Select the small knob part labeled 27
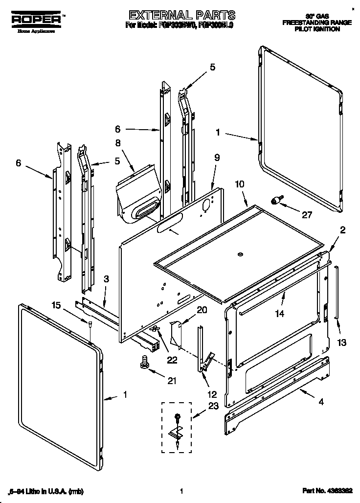[278, 200]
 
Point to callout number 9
[217, 158]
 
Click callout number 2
[342, 230]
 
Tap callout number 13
[341, 342]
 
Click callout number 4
[321, 402]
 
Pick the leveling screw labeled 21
[144, 362]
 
